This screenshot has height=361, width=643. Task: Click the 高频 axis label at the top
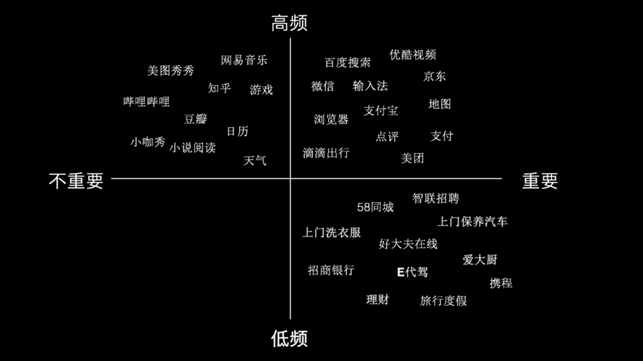tap(289, 23)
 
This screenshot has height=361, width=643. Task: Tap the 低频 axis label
tap(289, 339)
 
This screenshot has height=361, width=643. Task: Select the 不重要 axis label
tap(76, 180)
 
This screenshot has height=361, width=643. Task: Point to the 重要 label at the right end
tap(540, 180)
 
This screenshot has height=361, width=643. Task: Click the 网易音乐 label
tap(244, 60)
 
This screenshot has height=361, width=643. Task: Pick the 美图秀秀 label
tap(171, 71)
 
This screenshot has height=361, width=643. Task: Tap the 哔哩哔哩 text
tap(147, 102)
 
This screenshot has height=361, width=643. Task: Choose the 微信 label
tap(323, 86)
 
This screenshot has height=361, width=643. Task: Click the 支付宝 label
tap(381, 110)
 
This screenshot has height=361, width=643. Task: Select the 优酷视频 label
tap(413, 54)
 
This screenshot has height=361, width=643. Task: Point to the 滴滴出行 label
tap(326, 153)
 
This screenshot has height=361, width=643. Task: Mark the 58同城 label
tap(375, 207)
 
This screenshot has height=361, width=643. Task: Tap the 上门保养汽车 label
tap(472, 222)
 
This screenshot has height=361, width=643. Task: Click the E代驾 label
tap(413, 271)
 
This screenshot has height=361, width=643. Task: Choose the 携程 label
tap(501, 283)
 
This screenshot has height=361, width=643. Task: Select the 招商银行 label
tap(331, 270)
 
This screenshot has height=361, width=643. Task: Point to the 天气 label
tap(254, 160)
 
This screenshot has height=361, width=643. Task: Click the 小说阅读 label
tap(192, 147)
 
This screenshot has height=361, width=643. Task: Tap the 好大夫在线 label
tap(408, 244)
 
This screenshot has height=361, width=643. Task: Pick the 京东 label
tap(434, 77)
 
